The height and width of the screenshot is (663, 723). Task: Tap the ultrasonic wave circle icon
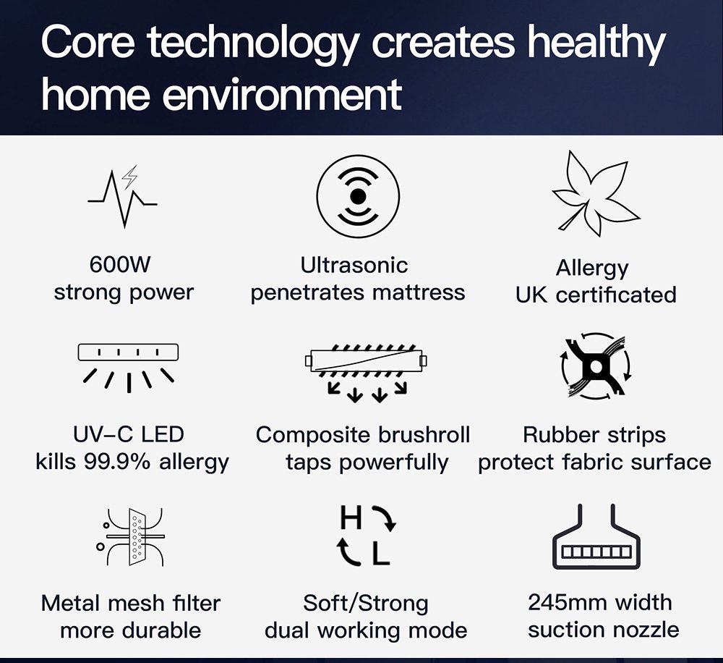point(358,197)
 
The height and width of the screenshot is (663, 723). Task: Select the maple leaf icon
point(595,194)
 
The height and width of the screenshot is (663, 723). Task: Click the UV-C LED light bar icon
point(128,368)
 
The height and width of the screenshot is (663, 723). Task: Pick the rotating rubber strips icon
point(596,366)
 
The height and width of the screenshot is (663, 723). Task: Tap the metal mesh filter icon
point(133,537)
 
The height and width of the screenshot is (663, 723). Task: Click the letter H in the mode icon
point(351,518)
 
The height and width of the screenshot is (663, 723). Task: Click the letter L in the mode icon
point(381,553)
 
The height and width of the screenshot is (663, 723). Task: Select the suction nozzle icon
point(596,536)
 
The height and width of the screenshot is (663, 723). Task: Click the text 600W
point(120,265)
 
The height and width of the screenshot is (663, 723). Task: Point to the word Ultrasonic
point(354,266)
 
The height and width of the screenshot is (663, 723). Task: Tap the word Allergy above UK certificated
point(592,269)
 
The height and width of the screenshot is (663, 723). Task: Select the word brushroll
point(424,434)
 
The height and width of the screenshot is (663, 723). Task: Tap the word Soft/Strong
point(366,604)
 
